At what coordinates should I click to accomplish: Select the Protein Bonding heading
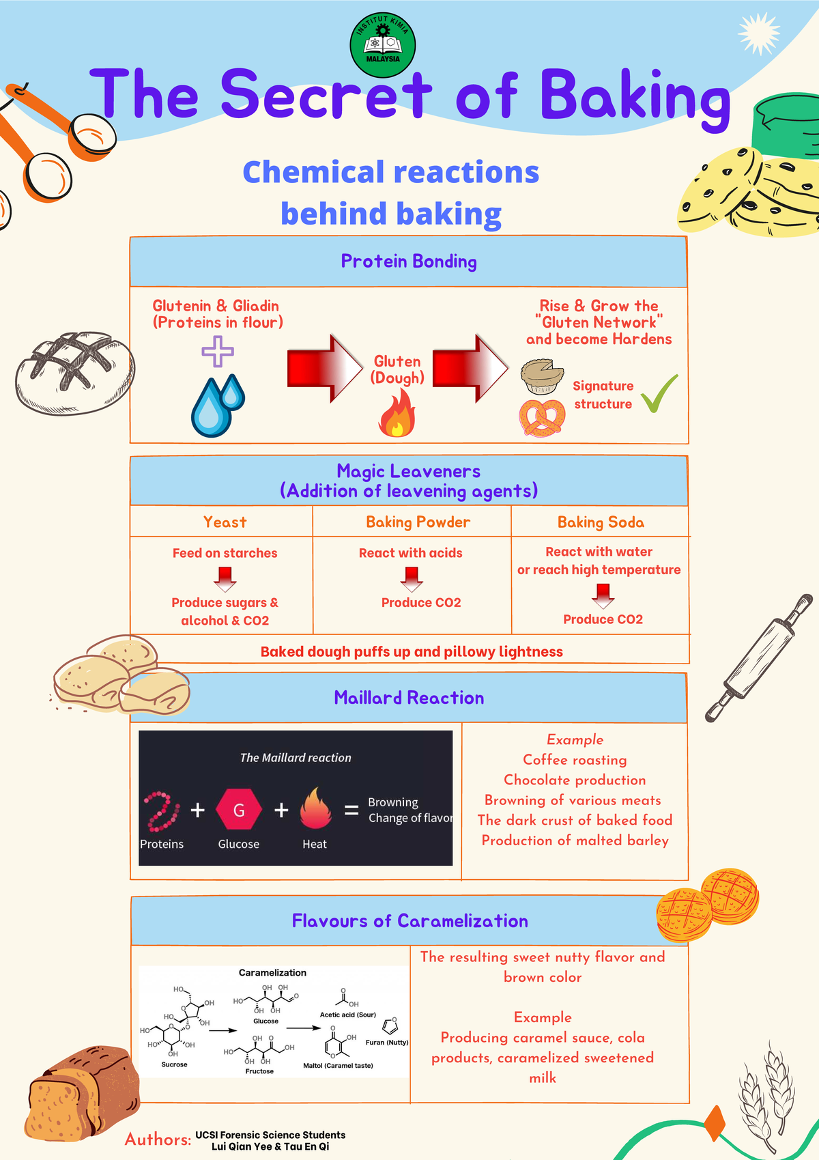409,261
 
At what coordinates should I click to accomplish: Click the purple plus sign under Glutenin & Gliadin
218,352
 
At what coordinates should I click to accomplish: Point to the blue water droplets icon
217,406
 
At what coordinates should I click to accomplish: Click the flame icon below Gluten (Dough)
397,414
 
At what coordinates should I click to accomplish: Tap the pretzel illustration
542,417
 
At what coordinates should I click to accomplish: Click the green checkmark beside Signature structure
659,394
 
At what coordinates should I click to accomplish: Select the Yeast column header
225,522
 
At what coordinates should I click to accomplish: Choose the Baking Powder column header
418,522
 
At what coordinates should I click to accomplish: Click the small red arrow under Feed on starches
225,579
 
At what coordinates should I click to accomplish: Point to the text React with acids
410,553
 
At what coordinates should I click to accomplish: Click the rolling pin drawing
759,658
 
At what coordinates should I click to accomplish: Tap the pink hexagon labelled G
239,810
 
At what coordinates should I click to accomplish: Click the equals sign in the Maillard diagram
351,810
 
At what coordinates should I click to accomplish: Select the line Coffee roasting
575,760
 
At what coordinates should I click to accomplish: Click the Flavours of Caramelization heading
409,921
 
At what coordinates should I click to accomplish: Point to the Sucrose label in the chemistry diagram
174,1064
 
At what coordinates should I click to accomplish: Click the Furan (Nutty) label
387,1043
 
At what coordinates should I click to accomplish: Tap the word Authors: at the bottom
158,1139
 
